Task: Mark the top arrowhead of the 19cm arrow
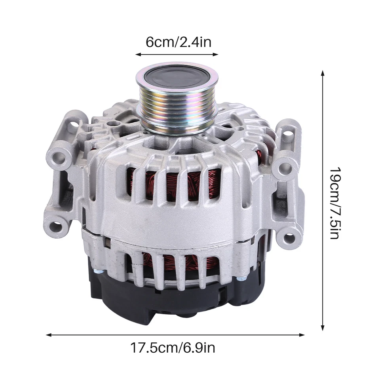click(323, 74)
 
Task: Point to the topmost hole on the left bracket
click(73, 126)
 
